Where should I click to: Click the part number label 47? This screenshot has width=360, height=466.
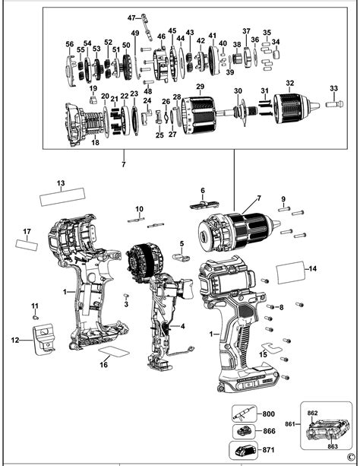131,17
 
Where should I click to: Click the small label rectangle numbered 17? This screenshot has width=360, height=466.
27,245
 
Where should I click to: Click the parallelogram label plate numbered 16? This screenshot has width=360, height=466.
115,353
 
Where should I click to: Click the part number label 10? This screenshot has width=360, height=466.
139,208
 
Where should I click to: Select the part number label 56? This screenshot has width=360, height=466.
70,45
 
